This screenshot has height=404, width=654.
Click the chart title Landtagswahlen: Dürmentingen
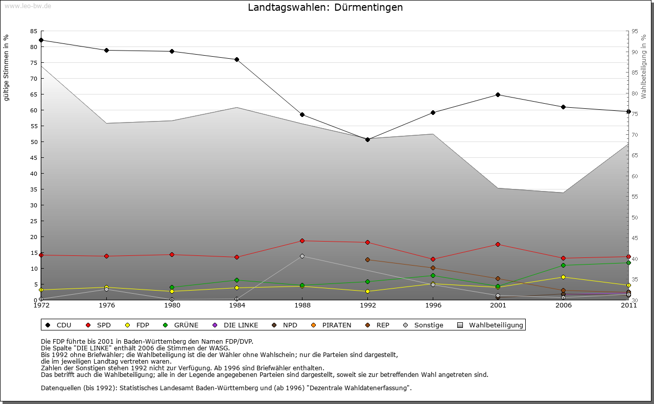[x=325, y=8]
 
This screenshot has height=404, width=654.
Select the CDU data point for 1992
[x=367, y=139]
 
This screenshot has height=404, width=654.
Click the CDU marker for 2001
[x=498, y=94]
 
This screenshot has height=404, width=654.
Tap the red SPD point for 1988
[x=302, y=241]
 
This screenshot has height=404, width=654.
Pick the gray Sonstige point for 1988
[x=302, y=256]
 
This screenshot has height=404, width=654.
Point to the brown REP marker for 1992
[x=367, y=259]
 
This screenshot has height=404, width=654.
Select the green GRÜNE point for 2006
[x=563, y=265]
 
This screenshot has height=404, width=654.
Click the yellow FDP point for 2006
[x=563, y=277]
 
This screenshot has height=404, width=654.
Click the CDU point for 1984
[x=237, y=59]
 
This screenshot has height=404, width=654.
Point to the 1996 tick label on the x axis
[x=433, y=305]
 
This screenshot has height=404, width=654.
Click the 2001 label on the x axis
[x=498, y=305]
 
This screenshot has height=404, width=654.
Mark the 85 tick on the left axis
[x=34, y=31]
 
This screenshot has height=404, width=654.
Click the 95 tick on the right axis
[x=635, y=31]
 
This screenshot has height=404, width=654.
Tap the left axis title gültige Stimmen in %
[x=7, y=68]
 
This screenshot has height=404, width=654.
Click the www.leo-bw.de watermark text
[x=28, y=6]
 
